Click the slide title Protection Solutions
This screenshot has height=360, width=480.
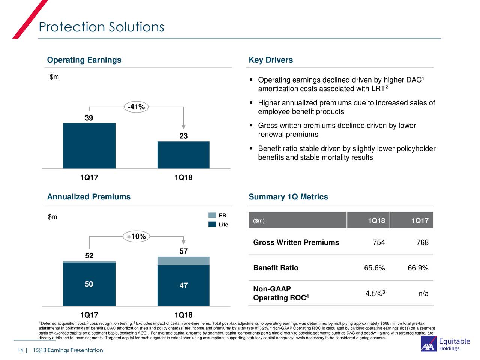click(101, 27)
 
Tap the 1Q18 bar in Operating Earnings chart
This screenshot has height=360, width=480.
click(183, 155)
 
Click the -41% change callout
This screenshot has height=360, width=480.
click(136, 107)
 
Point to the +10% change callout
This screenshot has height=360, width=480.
click(136, 236)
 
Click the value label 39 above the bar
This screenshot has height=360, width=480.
click(89, 118)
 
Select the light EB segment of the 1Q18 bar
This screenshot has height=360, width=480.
click(183, 261)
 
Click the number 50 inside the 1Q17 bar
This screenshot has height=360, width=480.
click(89, 284)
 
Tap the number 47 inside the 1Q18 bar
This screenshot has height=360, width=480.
click(183, 285)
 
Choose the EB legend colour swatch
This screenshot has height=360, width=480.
click(212, 215)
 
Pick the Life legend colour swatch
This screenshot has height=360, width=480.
click(212, 225)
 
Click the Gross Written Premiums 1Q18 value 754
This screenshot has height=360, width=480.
click(379, 242)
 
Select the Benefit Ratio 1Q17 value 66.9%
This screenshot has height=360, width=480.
click(418, 268)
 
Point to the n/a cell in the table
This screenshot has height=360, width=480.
click(423, 293)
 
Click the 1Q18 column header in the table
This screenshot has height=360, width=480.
click(376, 220)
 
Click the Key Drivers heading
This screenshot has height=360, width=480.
click(271, 60)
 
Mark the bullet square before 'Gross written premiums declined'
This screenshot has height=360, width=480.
click(252, 126)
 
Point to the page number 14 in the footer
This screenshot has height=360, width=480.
click(20, 350)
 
